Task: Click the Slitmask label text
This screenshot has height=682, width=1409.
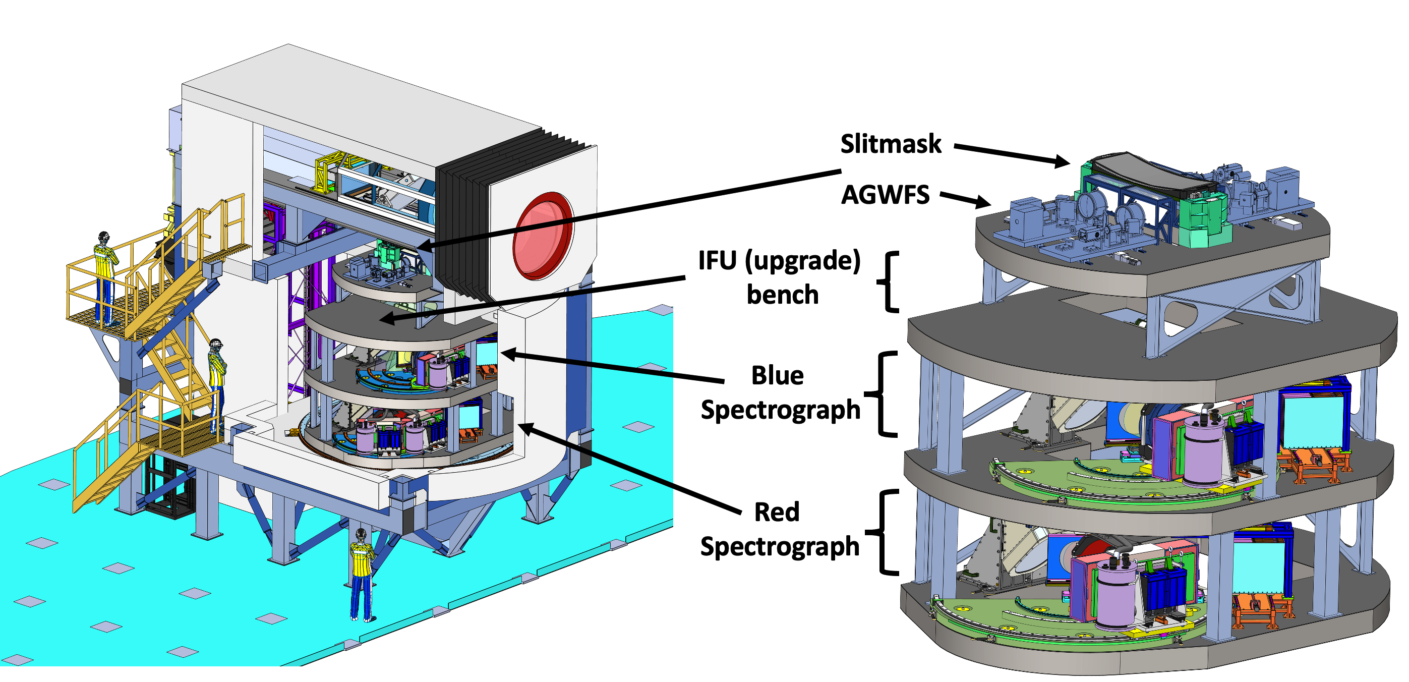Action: click(891, 144)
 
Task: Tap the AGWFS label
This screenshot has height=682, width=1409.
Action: click(885, 195)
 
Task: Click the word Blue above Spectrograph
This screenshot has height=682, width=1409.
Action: click(777, 376)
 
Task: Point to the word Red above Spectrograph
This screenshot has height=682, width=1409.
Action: click(777, 513)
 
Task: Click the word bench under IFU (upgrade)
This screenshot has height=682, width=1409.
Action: click(782, 295)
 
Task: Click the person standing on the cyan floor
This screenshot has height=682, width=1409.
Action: click(362, 574)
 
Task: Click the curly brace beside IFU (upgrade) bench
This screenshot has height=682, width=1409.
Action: click(888, 281)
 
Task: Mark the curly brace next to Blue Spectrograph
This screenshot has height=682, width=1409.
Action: click(882, 394)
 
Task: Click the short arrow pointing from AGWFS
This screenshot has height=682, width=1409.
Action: click(965, 200)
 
